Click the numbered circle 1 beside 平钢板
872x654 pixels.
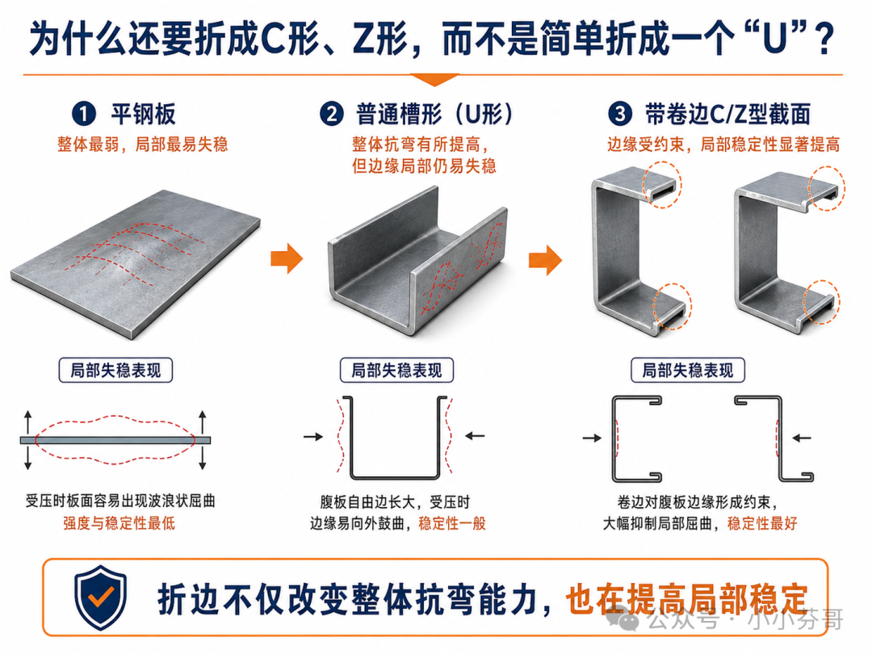[x=84, y=114]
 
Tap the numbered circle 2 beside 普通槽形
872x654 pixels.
[x=332, y=114]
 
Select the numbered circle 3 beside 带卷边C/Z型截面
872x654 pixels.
[x=620, y=114]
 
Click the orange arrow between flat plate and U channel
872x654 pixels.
[x=287, y=258]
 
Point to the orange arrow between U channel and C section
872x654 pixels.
[x=546, y=260]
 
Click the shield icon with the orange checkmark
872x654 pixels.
[x=101, y=597]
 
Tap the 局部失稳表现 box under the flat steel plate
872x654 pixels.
[x=115, y=371]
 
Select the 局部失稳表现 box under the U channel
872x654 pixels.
[x=396, y=371]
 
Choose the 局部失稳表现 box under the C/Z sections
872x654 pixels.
[x=688, y=371]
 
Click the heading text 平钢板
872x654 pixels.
[x=143, y=114]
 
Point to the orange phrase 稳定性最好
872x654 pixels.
[x=762, y=523]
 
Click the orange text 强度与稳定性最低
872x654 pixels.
[x=119, y=523]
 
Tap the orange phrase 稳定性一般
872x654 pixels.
[x=452, y=523]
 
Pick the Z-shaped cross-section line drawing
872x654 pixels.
[x=780, y=439]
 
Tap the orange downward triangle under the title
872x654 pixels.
[x=434, y=79]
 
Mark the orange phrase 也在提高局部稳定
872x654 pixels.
[x=687, y=599]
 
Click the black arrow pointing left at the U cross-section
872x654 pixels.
[x=475, y=436]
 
